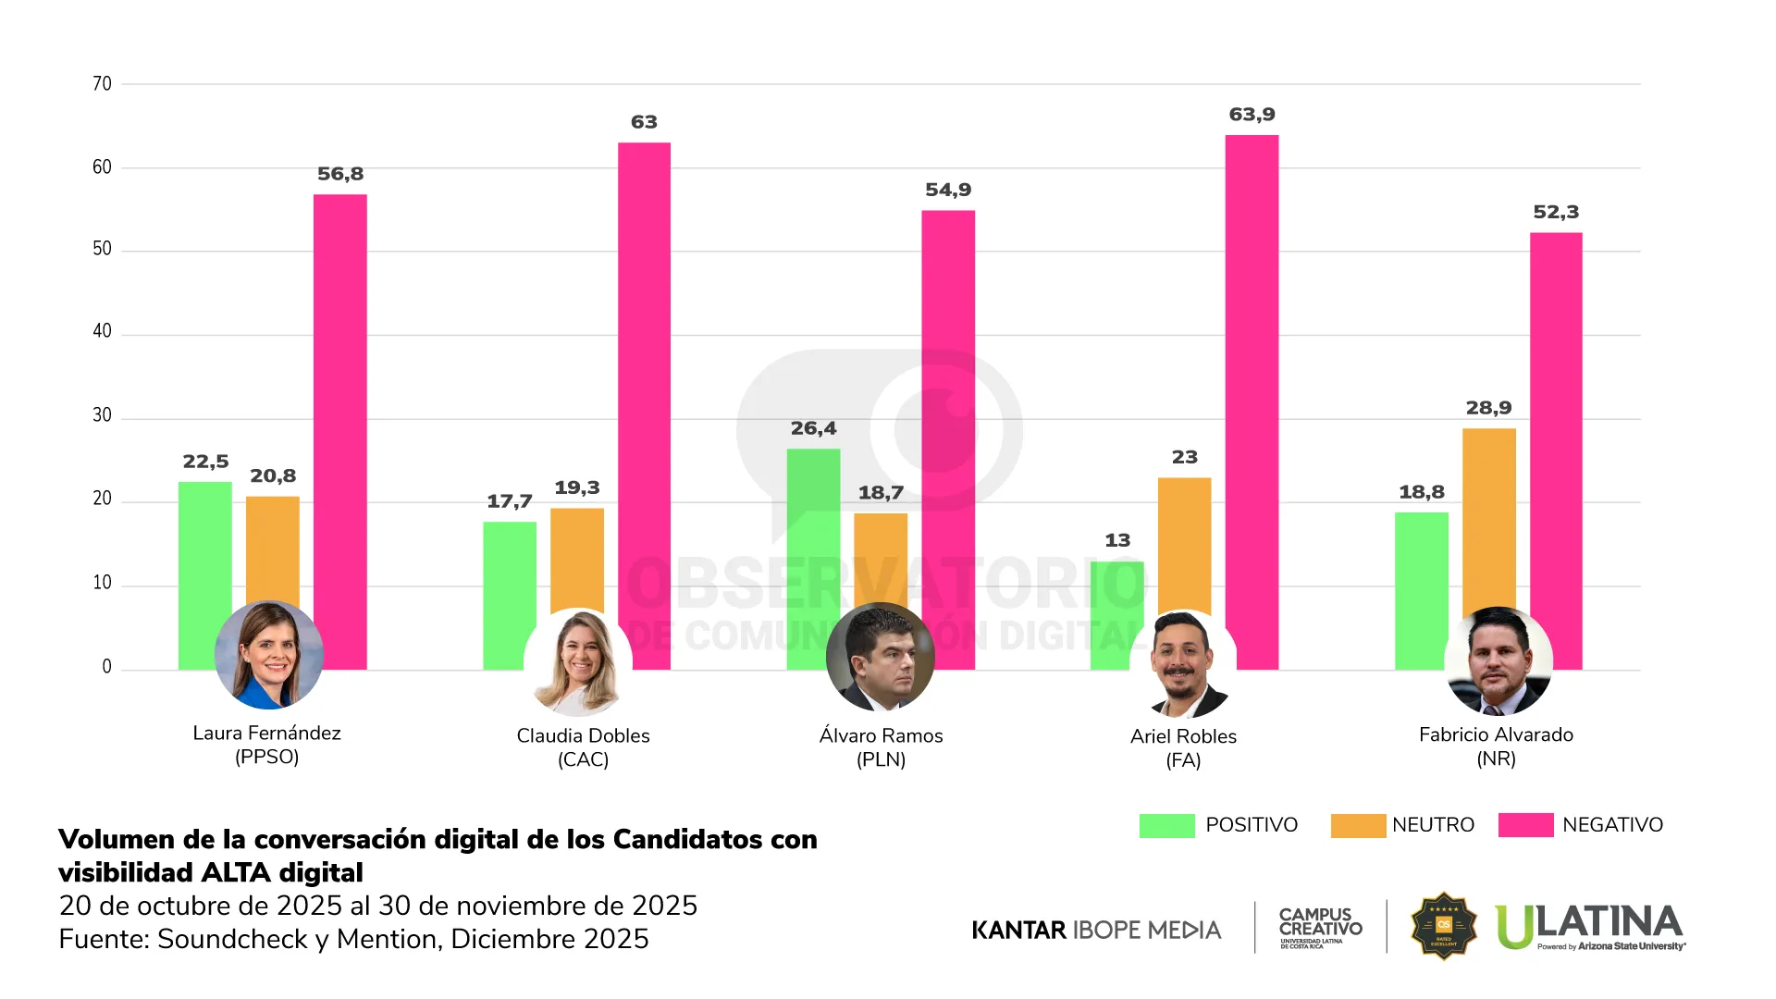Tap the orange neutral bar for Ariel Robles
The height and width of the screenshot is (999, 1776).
click(x=1184, y=546)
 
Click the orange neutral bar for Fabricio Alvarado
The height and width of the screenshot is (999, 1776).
click(x=1488, y=518)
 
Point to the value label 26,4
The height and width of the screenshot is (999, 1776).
click(x=813, y=428)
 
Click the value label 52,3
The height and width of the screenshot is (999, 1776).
click(x=1556, y=212)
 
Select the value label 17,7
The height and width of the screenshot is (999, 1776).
click(x=510, y=501)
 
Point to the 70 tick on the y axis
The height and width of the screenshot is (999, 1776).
click(x=102, y=84)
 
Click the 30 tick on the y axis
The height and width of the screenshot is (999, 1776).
click(x=102, y=415)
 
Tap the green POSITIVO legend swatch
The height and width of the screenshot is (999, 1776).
click(x=1166, y=825)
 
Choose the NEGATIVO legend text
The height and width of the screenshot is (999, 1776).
click(x=1612, y=825)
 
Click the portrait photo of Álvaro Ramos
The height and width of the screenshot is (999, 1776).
click(x=880, y=657)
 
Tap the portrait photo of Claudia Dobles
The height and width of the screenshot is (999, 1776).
click(x=578, y=662)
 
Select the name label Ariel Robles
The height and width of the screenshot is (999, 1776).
click(x=1183, y=736)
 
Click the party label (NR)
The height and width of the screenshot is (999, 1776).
click(x=1496, y=759)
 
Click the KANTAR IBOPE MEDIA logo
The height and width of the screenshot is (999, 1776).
click(x=1096, y=930)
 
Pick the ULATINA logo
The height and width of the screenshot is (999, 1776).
click(x=1589, y=927)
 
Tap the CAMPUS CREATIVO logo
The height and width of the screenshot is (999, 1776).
click(x=1320, y=926)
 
